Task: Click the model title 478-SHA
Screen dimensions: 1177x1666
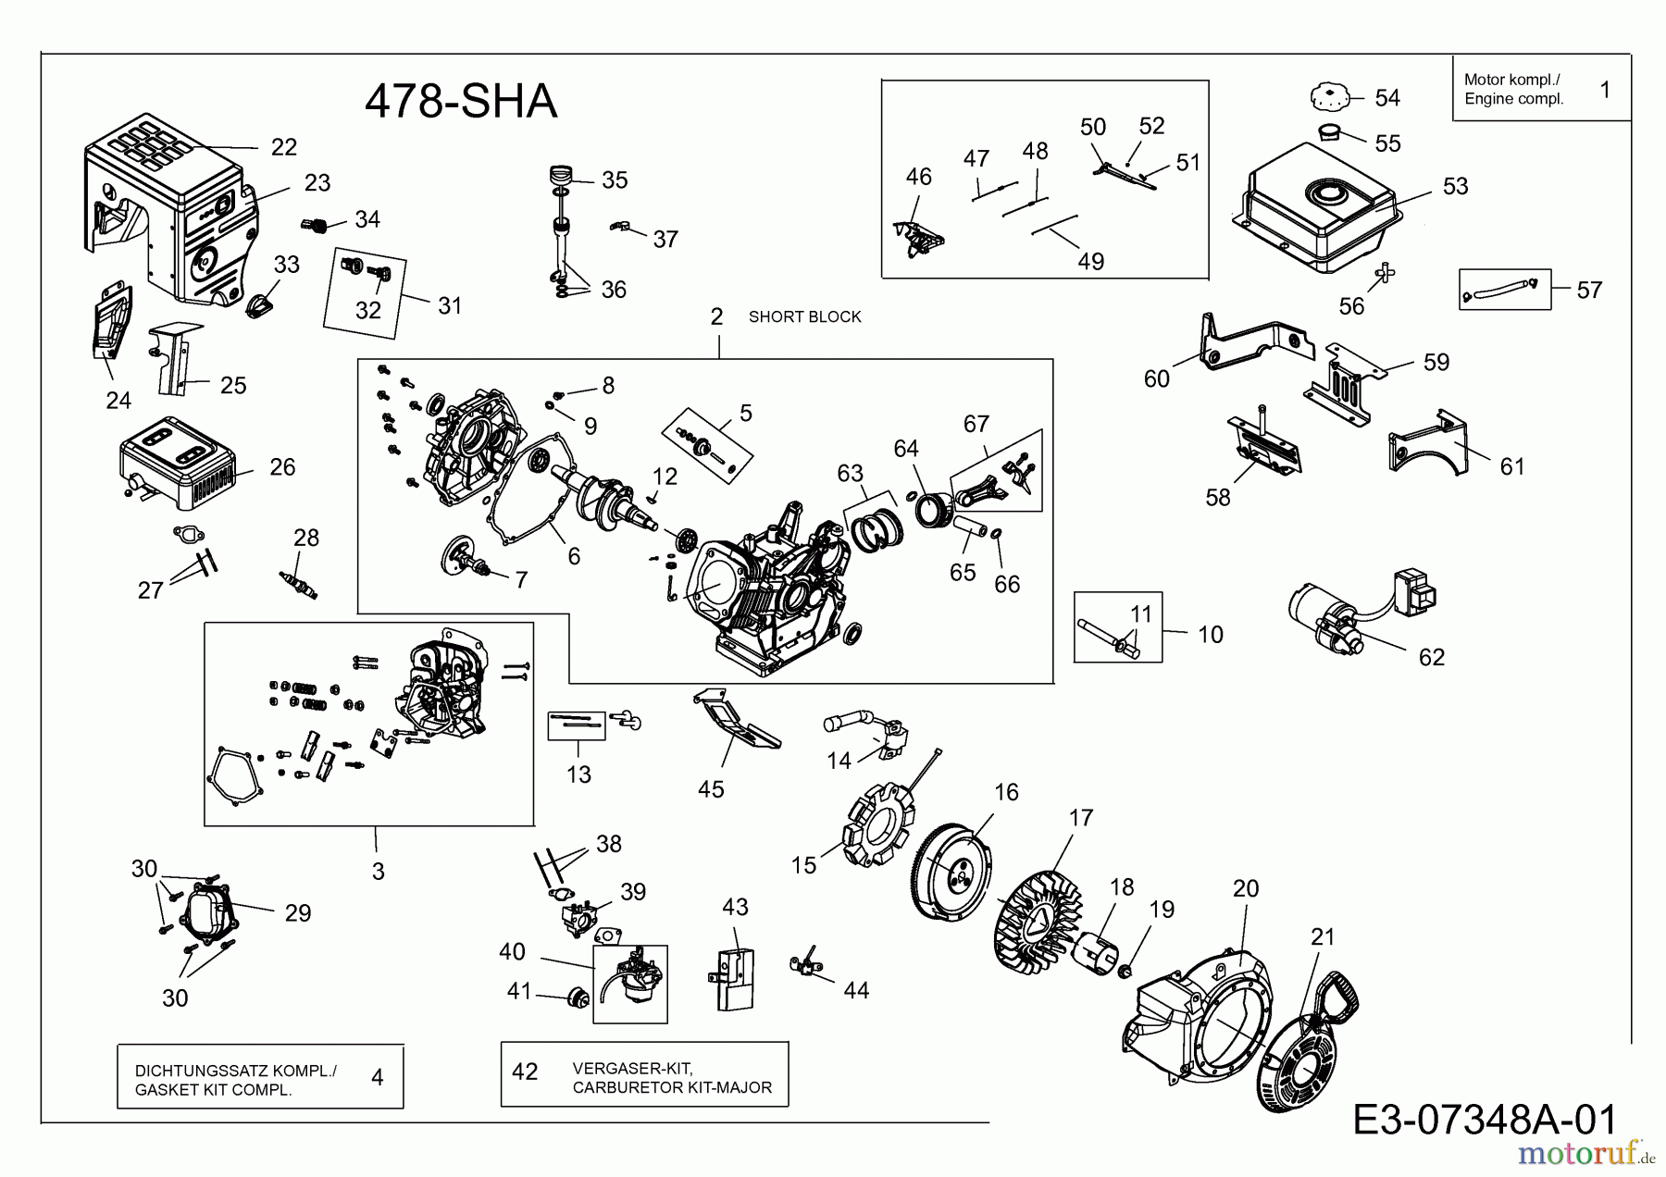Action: coord(460,102)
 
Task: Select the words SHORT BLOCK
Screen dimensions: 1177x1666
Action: coord(804,316)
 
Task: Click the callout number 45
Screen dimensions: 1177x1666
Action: coord(711,789)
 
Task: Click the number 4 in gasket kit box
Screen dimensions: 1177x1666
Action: coord(377,1077)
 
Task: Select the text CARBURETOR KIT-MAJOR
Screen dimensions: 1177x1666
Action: coord(672,1087)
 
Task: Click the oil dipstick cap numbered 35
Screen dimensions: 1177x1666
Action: coord(562,175)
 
